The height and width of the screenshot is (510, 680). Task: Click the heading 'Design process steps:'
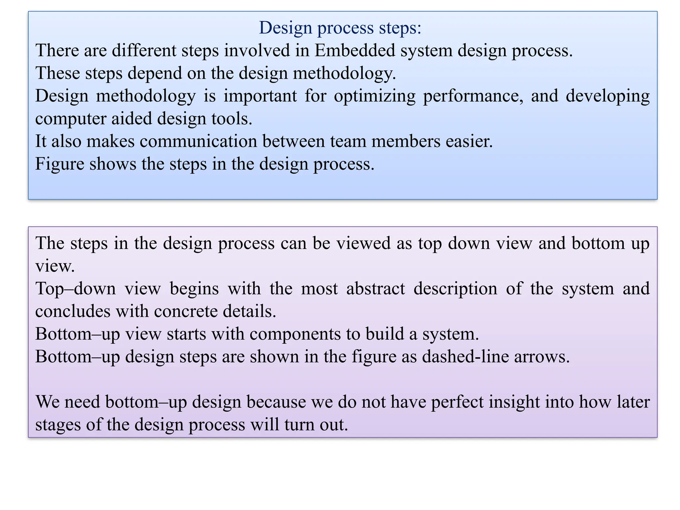[x=340, y=28]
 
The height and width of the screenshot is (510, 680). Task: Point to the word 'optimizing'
[x=375, y=96]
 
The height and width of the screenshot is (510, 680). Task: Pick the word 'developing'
[x=608, y=96]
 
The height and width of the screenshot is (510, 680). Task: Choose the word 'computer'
[x=70, y=119]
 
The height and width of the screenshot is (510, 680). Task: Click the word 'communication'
[x=199, y=141]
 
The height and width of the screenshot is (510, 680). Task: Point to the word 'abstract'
[x=376, y=288]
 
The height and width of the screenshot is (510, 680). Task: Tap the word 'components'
[x=295, y=334]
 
